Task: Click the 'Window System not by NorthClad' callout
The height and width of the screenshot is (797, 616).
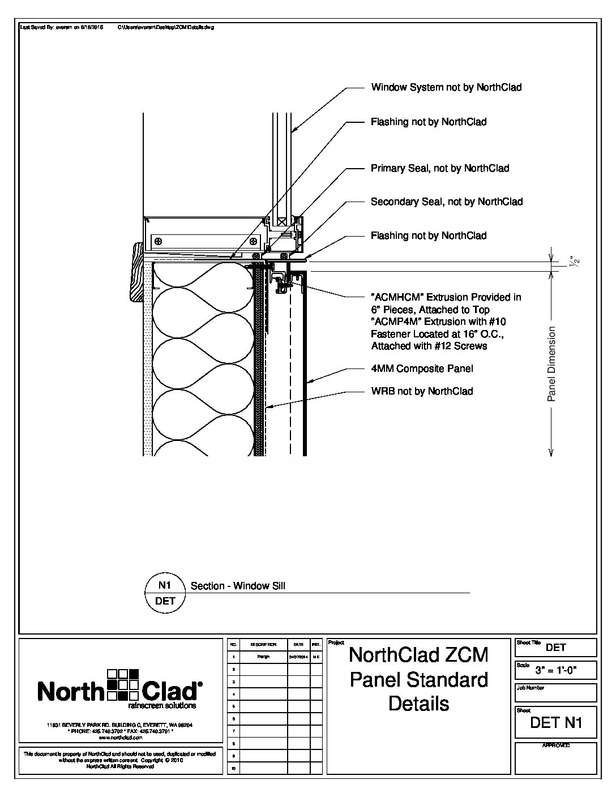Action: [446, 87]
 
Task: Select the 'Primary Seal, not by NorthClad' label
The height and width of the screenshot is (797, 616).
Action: [440, 168]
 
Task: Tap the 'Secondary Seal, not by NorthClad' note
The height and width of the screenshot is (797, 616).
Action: [447, 202]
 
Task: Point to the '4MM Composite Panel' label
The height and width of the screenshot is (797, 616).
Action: [422, 368]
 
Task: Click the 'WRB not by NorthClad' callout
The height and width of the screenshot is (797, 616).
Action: [422, 391]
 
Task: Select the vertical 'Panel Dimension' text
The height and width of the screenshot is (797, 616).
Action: [552, 364]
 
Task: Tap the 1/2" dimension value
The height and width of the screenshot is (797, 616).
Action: [575, 262]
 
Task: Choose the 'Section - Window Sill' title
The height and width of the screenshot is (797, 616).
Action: [238, 586]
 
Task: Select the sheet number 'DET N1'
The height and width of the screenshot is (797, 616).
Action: [556, 722]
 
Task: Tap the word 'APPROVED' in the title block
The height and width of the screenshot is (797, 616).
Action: [555, 745]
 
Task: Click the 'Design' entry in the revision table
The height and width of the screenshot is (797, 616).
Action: [263, 657]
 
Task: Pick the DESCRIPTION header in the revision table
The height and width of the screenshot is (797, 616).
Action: [263, 645]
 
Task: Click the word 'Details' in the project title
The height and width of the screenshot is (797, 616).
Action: [418, 704]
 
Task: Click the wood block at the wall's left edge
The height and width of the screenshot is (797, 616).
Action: [137, 272]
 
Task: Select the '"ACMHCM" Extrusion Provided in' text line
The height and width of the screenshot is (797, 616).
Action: [446, 297]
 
